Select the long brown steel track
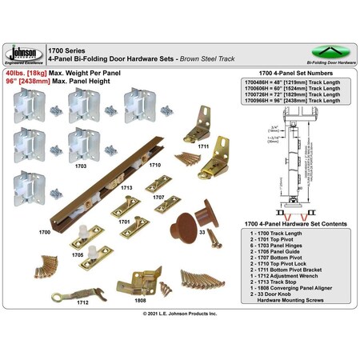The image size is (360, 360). [x=120, y=200]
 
